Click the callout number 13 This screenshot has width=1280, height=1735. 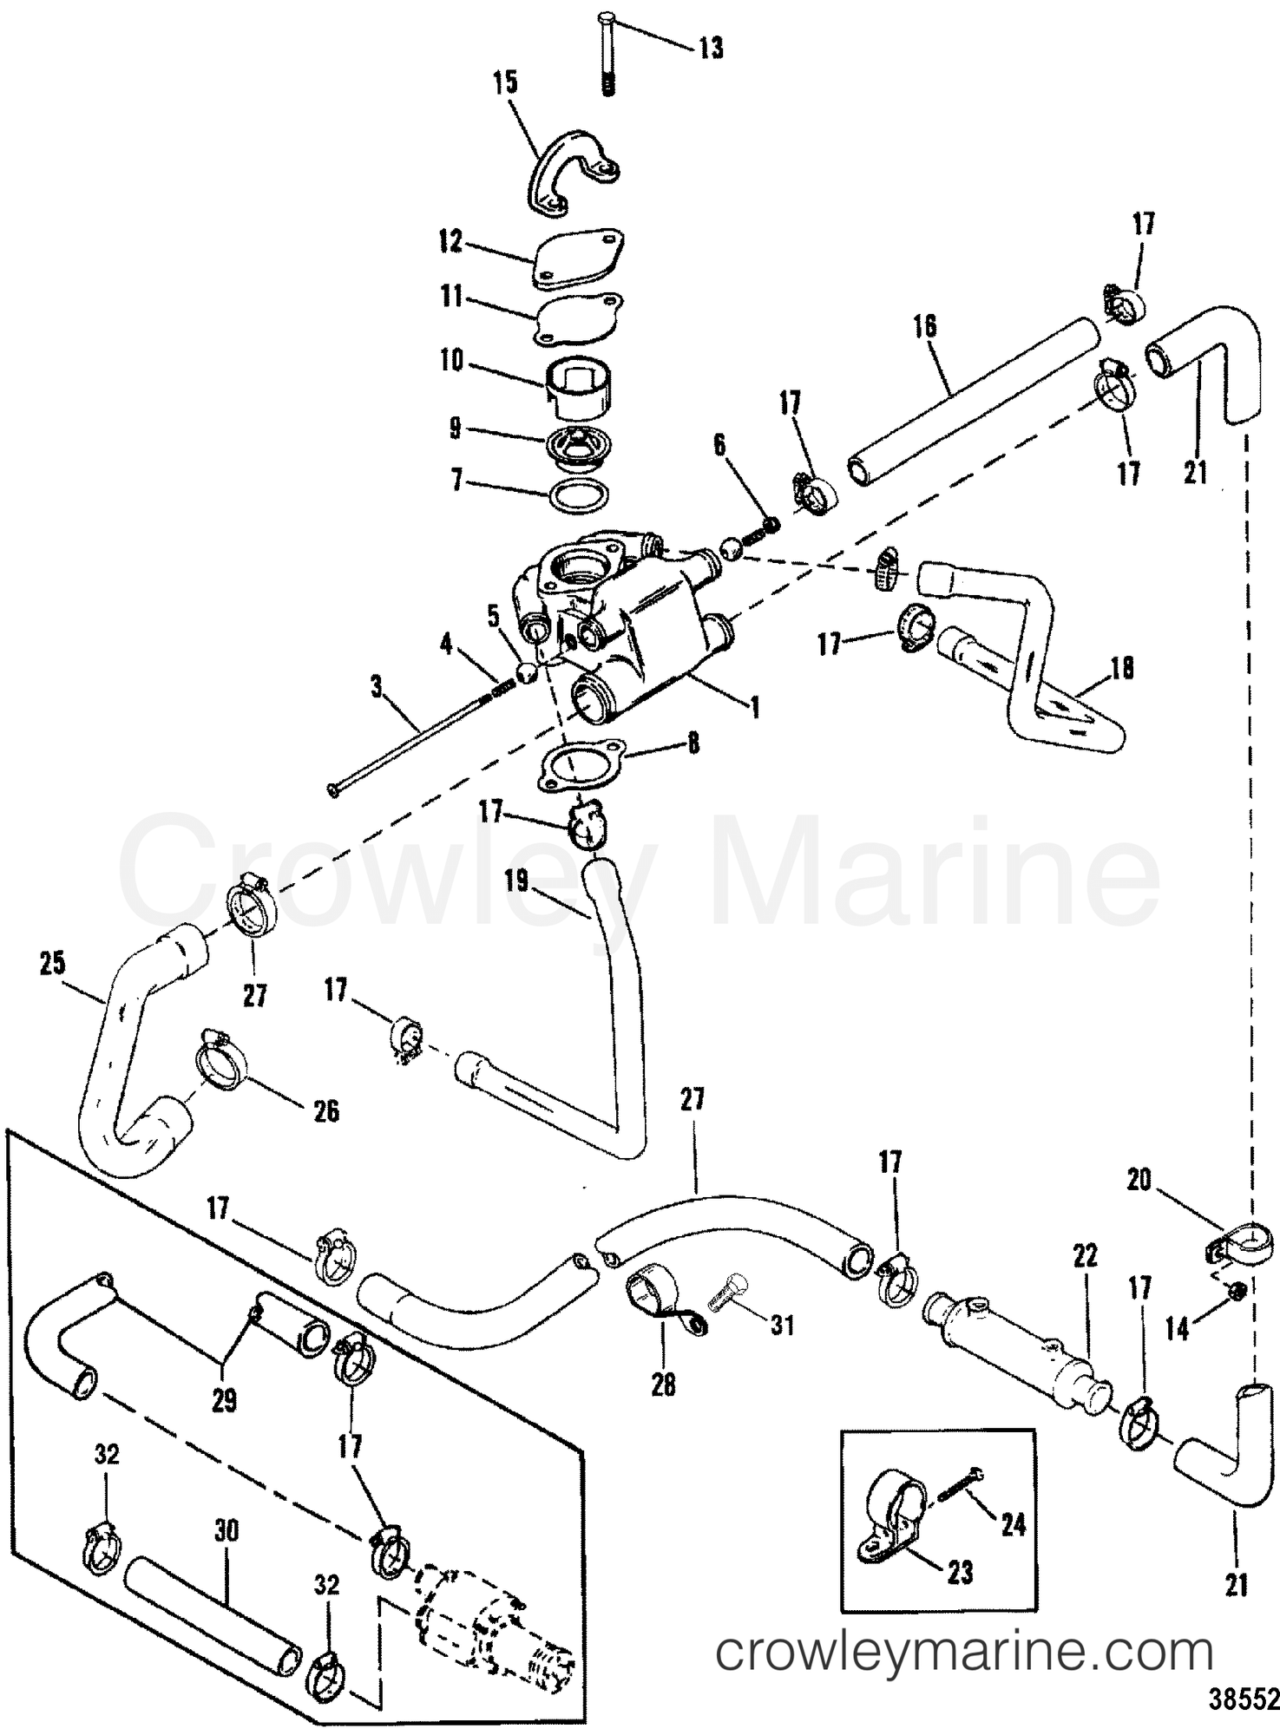[711, 48]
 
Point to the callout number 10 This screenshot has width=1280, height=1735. [452, 360]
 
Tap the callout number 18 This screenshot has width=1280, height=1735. [1122, 669]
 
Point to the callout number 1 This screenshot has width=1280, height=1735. [755, 707]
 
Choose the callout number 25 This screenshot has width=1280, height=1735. [53, 964]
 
